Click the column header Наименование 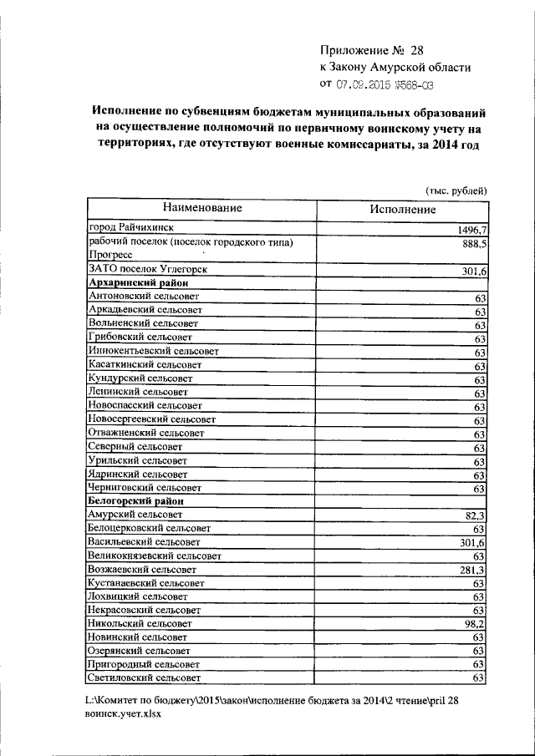click(x=202, y=207)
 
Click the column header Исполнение click(x=402, y=209)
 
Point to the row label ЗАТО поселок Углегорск click(x=147, y=269)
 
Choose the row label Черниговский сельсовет click(x=145, y=487)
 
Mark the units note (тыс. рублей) click(x=456, y=190)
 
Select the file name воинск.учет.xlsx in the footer click(x=123, y=715)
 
